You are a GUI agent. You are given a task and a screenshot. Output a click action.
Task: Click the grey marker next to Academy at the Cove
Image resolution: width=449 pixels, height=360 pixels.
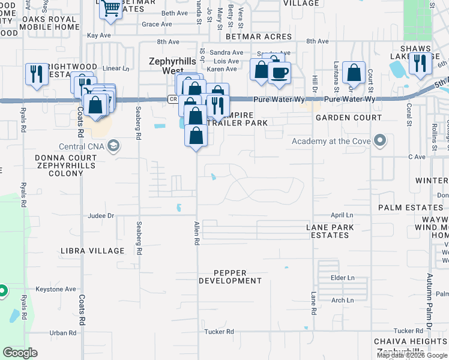[x=379, y=141]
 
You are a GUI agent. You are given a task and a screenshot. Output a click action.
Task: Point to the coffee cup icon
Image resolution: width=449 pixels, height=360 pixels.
[x=279, y=73]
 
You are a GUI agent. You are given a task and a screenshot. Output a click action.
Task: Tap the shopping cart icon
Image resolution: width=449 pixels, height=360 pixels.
[x=111, y=8]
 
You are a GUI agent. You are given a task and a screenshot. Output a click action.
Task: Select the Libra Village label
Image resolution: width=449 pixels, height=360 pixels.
[x=92, y=250]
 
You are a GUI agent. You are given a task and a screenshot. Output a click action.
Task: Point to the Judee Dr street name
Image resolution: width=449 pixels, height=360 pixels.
[x=101, y=215]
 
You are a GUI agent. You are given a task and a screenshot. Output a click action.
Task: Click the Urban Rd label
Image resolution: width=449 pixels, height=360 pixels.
[x=62, y=332]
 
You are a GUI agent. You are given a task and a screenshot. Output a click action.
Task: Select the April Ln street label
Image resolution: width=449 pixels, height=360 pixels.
[x=342, y=215]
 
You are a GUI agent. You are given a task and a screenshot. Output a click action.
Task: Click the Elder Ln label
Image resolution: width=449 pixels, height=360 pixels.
[x=343, y=278]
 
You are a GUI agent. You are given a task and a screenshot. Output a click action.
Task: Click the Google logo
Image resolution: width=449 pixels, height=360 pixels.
[x=20, y=353]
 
